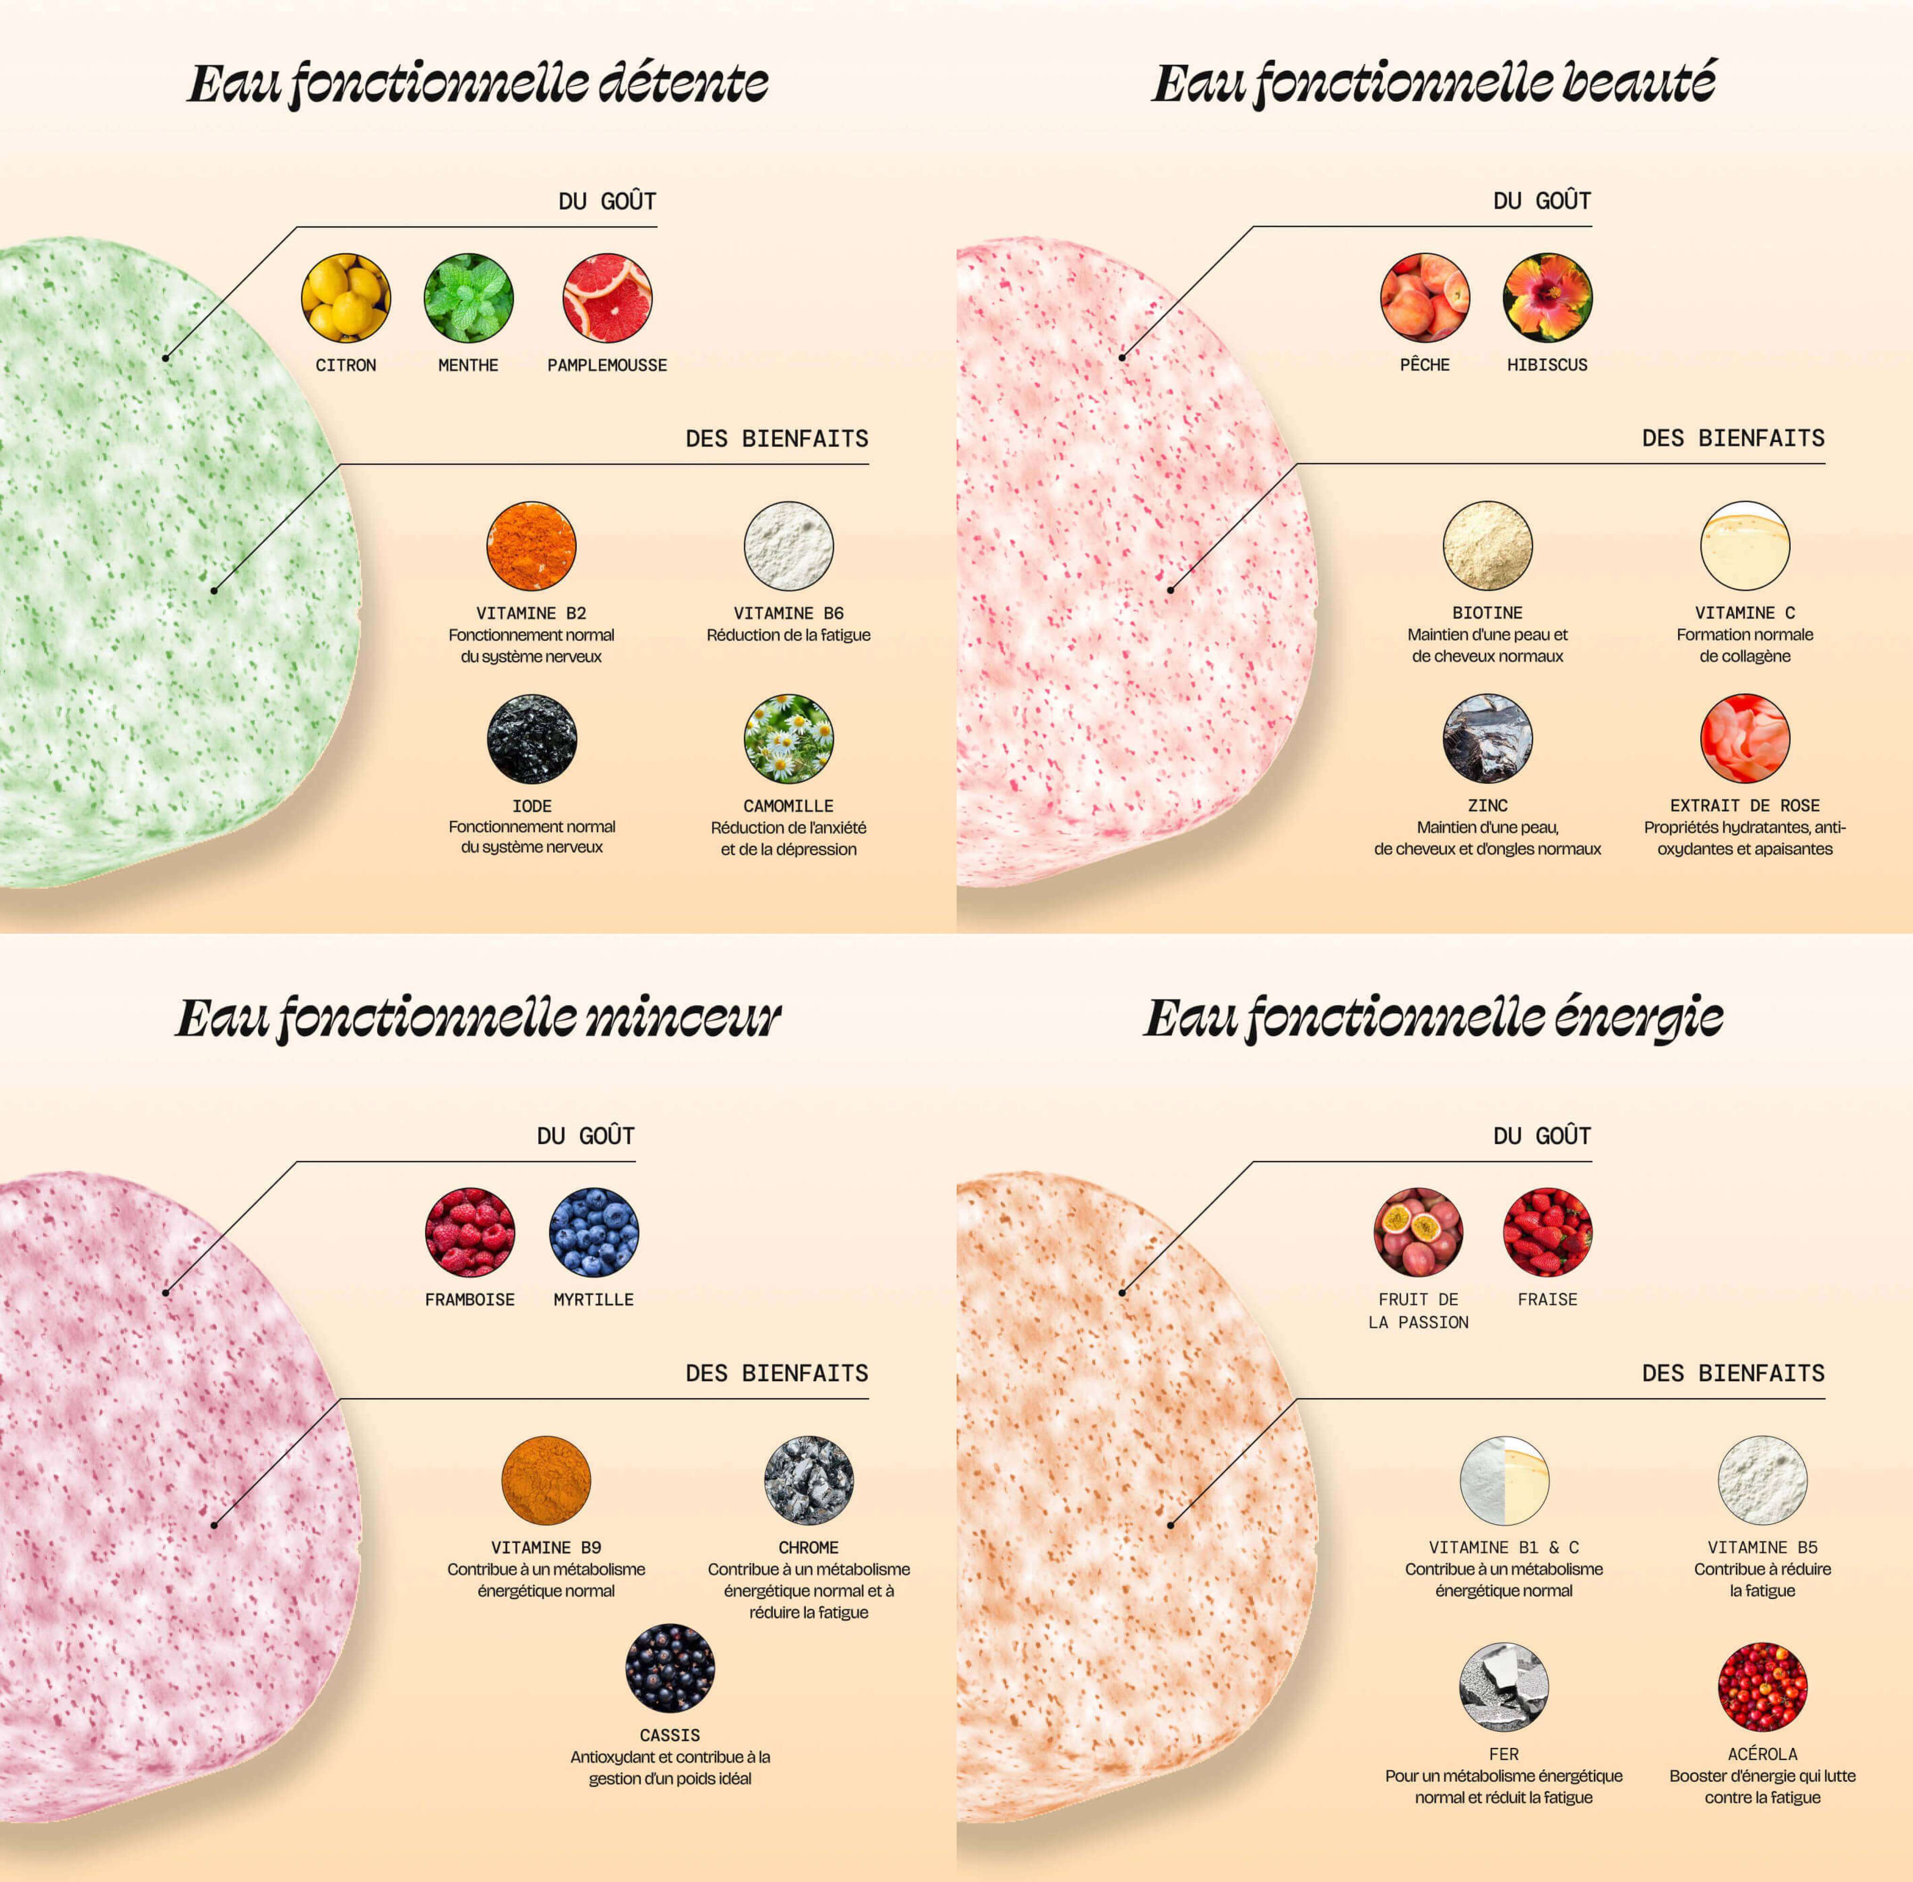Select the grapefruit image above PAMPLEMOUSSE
click(607, 298)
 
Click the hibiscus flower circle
click(1547, 298)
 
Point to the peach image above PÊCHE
click(1425, 298)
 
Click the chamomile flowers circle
click(788, 738)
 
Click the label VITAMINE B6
click(788, 613)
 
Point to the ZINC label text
click(1487, 806)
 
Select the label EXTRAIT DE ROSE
click(1744, 806)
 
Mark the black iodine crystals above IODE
click(531, 738)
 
